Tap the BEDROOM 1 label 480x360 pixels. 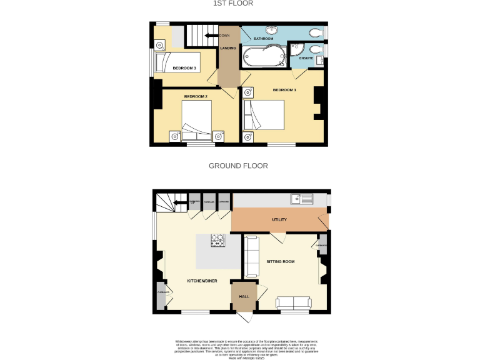coord(284,91)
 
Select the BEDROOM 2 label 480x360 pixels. coord(195,96)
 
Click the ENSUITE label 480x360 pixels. coord(306,58)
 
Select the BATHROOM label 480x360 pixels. coord(263,39)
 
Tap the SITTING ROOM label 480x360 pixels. coord(280,261)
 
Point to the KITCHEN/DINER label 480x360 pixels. coord(202,281)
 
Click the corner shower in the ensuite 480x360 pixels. coord(297,49)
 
